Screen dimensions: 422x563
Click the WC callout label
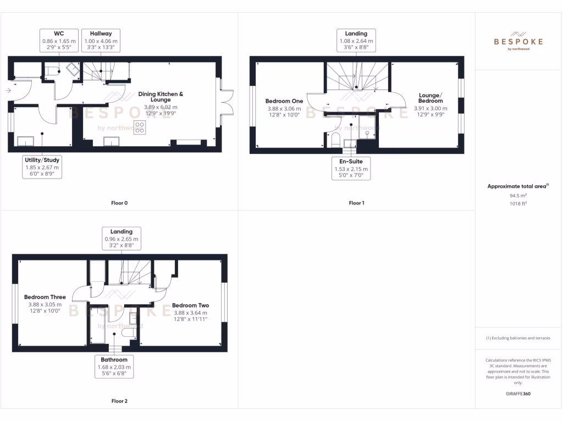[58, 41]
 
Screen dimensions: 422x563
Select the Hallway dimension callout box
[101, 41]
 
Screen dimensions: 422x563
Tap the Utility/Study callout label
[42, 166]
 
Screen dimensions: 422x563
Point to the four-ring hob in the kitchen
[140, 127]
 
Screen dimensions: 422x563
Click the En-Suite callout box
[351, 169]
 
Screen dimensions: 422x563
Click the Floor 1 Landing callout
[356, 41]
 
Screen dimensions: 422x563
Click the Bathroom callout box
[114, 367]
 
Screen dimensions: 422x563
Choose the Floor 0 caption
[119, 203]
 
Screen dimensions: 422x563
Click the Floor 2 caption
[119, 401]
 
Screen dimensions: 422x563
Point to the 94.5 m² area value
[518, 195]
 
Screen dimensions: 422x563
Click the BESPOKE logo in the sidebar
[518, 41]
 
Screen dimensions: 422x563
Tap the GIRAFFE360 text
[518, 393]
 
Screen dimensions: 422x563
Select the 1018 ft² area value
[518, 203]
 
